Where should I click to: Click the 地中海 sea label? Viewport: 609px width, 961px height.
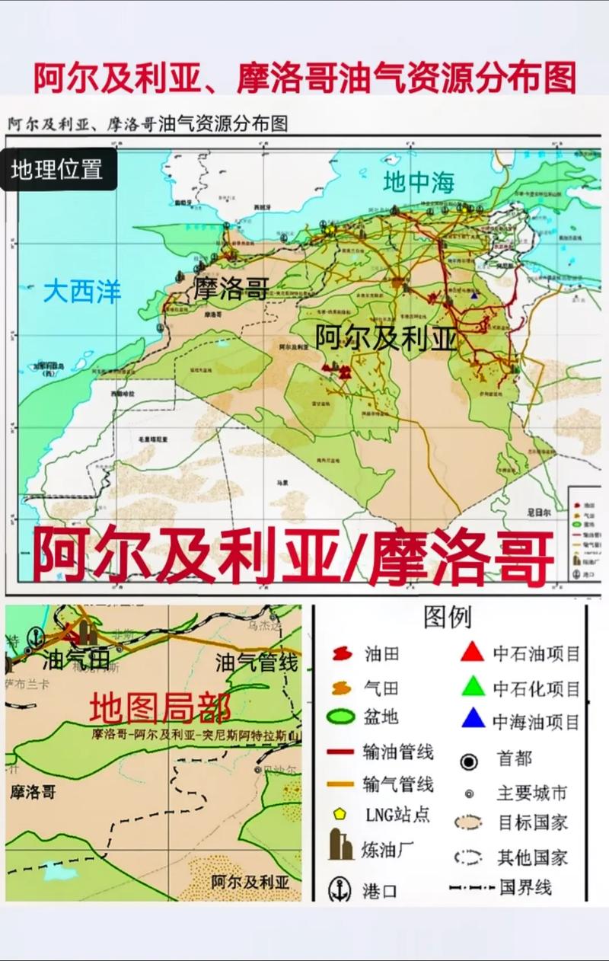click(418, 183)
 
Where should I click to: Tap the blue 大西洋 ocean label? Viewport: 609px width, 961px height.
click(82, 291)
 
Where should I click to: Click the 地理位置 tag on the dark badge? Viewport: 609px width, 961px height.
click(57, 169)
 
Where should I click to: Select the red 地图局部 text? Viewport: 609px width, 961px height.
click(160, 708)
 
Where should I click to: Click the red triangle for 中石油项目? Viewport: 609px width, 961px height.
click(473, 652)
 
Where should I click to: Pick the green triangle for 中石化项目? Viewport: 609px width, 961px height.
click(473, 687)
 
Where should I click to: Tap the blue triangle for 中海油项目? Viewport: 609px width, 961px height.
click(473, 719)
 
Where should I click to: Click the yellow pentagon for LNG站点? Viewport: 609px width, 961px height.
click(340, 813)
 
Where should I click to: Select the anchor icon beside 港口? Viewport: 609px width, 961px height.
click(340, 889)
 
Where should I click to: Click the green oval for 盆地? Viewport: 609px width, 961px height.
click(340, 717)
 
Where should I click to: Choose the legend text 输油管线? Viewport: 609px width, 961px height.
click(398, 752)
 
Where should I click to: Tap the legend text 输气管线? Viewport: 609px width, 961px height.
click(398, 784)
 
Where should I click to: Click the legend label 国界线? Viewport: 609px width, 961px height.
click(525, 888)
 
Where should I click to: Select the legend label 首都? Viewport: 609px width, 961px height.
click(515, 759)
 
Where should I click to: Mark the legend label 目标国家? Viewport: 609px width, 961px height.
click(533, 823)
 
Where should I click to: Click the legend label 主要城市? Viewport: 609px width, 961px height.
click(532, 793)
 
